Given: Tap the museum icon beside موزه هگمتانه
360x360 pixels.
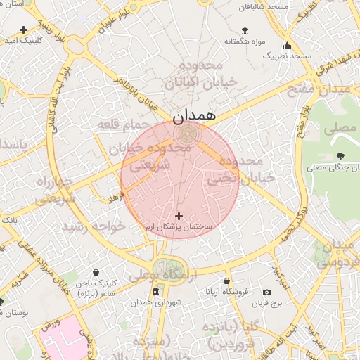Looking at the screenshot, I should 245,31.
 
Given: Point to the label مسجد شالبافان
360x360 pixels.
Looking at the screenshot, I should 264,6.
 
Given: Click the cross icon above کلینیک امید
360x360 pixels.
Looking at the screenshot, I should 24,30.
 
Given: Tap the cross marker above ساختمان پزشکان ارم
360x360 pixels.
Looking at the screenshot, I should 179,216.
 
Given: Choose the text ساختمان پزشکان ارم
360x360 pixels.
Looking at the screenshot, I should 179,228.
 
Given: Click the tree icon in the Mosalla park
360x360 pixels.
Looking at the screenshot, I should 341,156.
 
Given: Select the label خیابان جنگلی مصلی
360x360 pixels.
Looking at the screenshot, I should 332,168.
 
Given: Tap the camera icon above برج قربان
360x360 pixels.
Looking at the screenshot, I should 266,292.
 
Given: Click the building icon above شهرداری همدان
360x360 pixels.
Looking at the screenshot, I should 155,292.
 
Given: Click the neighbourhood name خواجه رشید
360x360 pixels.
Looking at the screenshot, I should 94,226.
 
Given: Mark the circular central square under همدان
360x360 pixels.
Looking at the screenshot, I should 187,132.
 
